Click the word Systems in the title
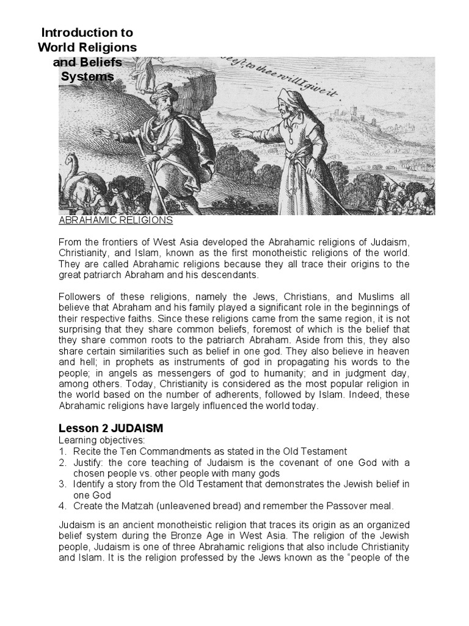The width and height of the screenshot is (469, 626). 87,76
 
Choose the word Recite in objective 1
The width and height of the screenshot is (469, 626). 87,451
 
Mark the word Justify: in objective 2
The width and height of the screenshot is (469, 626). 90,462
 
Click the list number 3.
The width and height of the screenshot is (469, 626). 62,484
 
